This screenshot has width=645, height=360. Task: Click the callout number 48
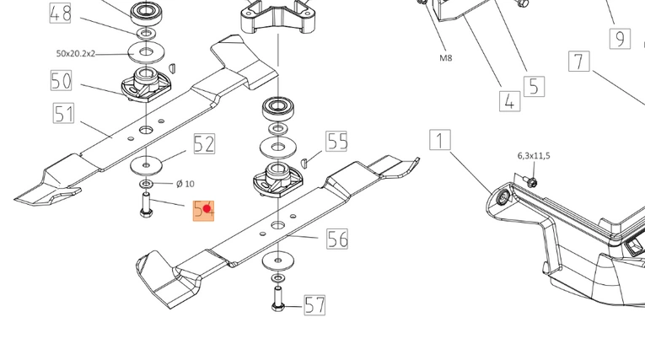61,13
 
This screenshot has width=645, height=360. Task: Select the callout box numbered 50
61,81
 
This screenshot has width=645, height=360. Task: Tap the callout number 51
64,112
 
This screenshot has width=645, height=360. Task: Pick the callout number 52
204,144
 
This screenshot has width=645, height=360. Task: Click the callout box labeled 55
337,141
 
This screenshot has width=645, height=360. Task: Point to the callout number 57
314,304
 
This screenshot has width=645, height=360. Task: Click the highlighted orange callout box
204,210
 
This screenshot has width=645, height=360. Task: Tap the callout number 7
578,62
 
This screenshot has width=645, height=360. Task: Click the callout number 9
621,38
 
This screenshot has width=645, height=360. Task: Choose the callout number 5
534,85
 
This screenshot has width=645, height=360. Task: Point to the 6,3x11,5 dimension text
533,156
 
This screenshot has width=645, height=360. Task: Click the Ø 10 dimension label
185,183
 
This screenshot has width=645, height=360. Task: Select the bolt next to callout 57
277,298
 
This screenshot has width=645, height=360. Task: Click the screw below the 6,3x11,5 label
532,180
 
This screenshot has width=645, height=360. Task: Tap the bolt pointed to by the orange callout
145,205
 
